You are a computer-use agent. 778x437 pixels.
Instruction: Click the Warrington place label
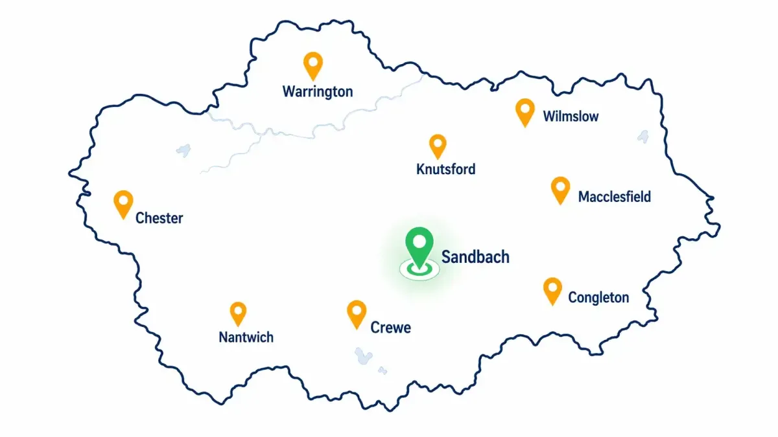[x=318, y=91]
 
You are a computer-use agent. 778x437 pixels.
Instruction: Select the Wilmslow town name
[x=571, y=117]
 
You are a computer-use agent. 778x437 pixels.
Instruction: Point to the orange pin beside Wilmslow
[x=525, y=111]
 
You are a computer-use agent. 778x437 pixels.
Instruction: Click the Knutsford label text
[x=445, y=170]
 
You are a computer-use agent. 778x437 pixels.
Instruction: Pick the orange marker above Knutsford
[x=438, y=145]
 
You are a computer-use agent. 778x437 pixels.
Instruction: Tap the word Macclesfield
[x=614, y=197]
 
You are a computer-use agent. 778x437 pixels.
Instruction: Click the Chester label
[x=159, y=218]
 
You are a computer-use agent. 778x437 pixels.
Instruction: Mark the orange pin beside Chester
[x=123, y=203]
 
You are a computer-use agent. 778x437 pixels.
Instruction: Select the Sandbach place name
[x=475, y=257]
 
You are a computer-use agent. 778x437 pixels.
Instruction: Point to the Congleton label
[x=598, y=298]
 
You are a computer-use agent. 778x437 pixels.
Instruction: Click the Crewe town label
[x=390, y=328]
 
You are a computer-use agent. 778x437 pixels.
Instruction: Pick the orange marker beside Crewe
[x=357, y=313]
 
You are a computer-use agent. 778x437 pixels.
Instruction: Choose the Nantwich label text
[x=246, y=337]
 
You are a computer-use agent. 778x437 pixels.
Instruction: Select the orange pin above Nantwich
[x=239, y=313]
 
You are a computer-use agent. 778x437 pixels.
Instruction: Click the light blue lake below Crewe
[x=364, y=356]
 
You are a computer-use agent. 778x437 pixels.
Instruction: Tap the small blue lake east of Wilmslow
[x=643, y=137]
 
